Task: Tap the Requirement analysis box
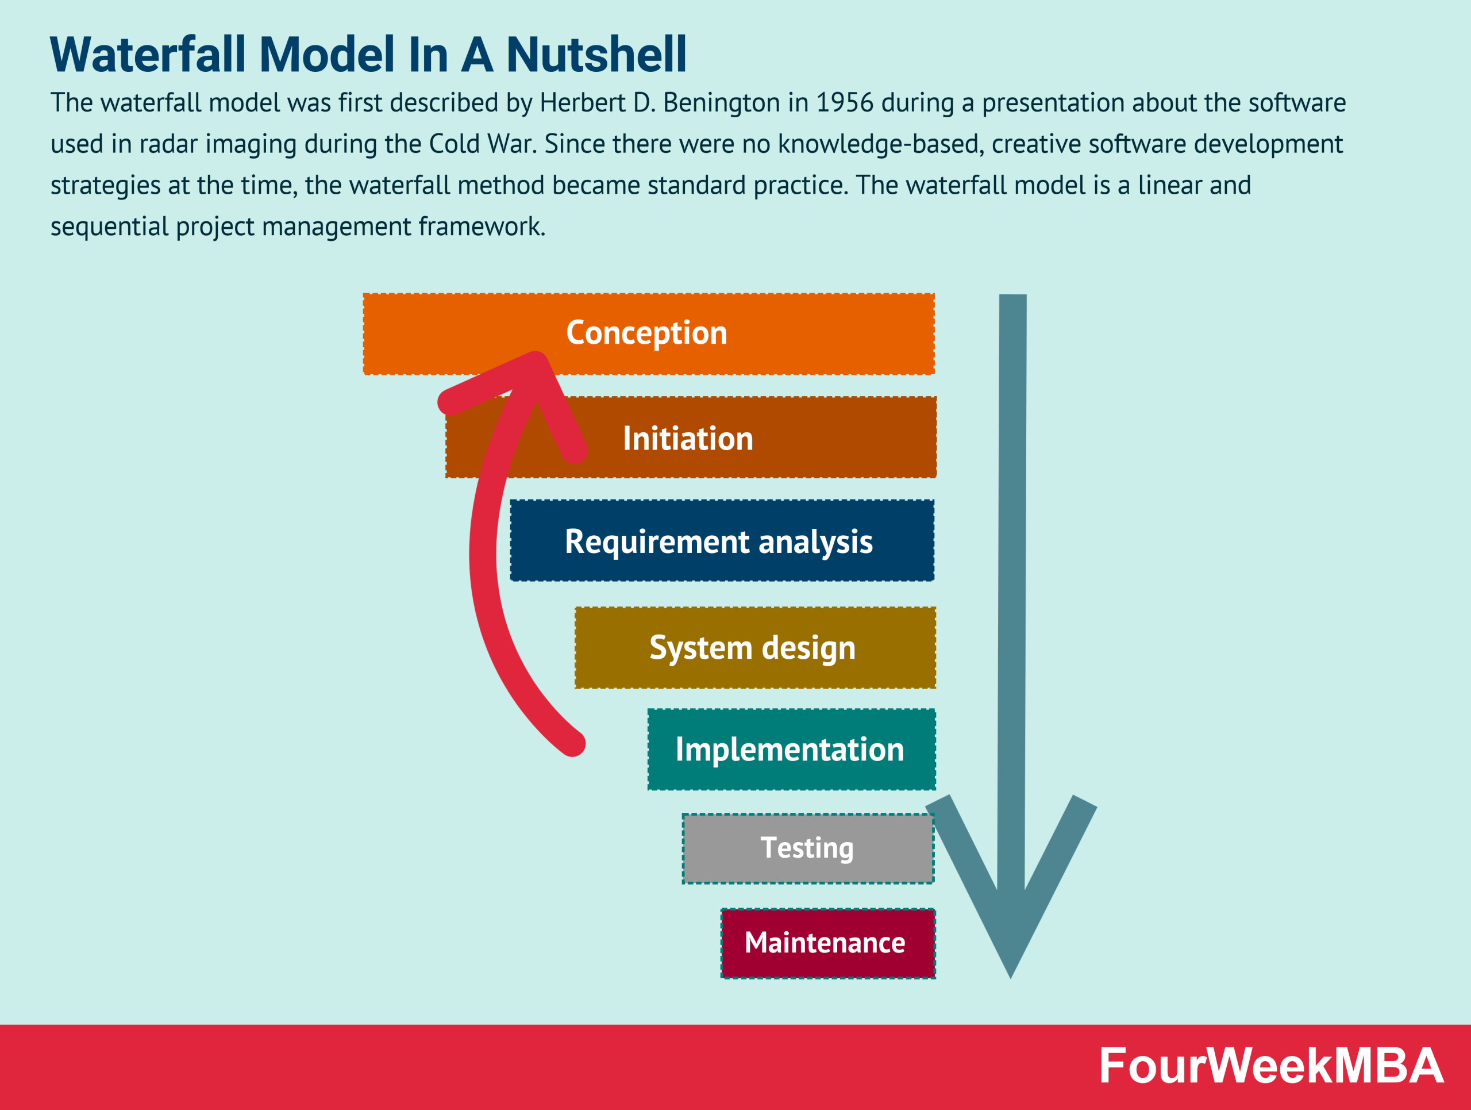[722, 541]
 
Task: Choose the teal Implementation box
[791, 749]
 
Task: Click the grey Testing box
[807, 848]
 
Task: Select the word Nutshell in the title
[596, 55]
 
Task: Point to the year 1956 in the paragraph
[844, 103]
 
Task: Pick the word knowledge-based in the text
[880, 144]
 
